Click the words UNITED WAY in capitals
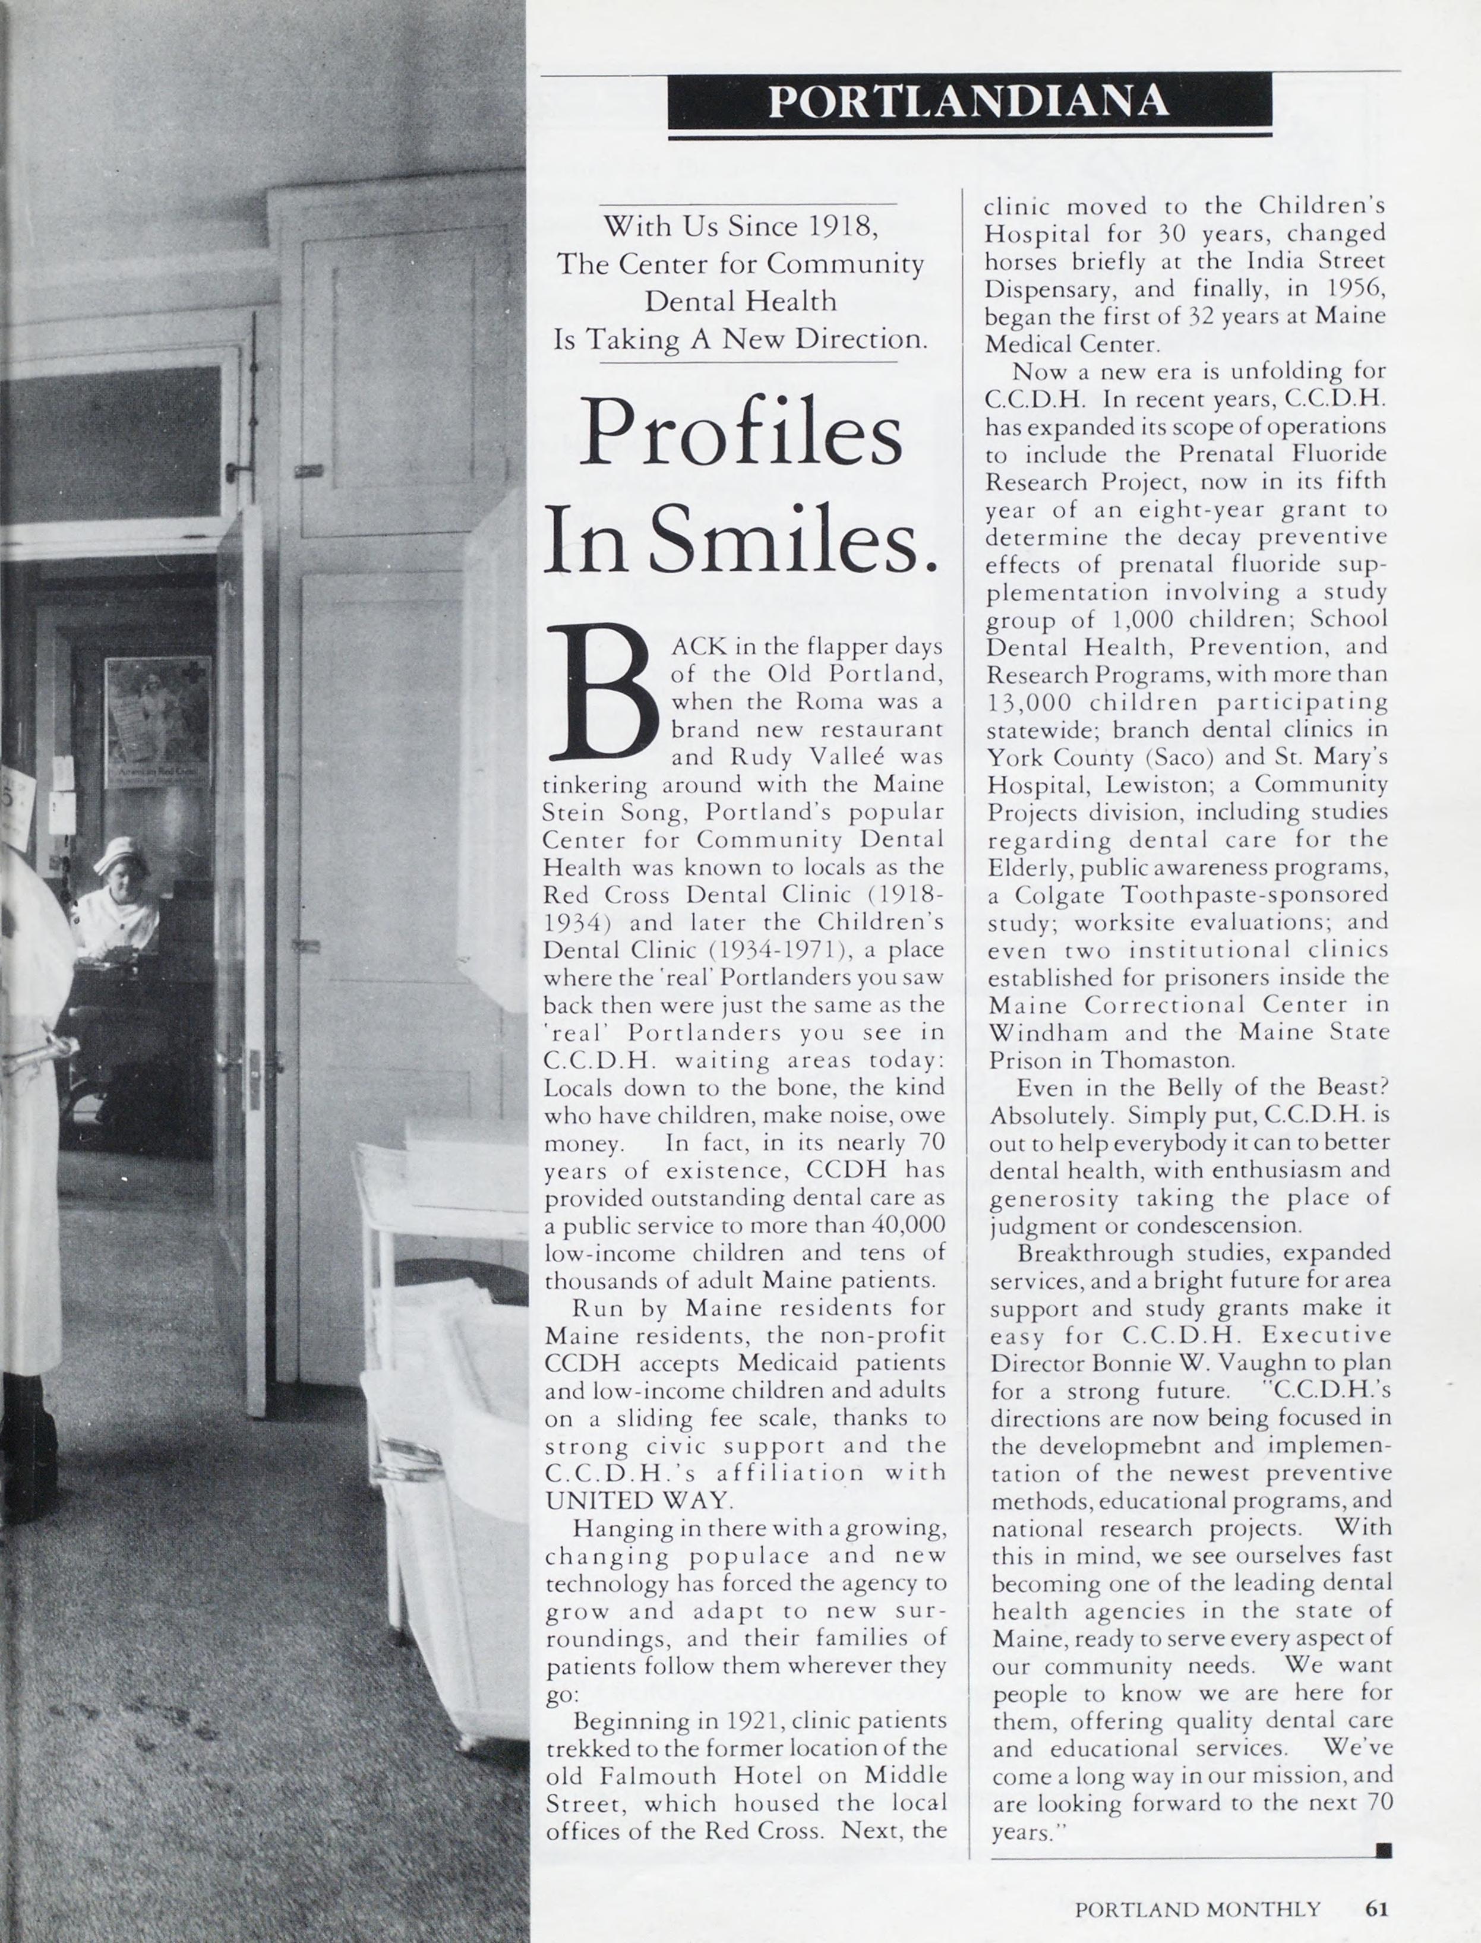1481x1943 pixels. pyautogui.click(x=637, y=1500)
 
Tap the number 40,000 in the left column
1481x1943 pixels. pyautogui.click(x=906, y=1225)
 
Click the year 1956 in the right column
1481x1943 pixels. pyautogui.click(x=1355, y=288)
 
